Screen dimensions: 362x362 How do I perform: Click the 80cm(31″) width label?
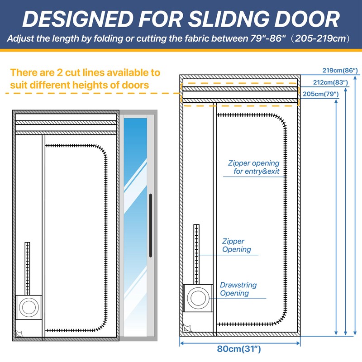click(239, 349)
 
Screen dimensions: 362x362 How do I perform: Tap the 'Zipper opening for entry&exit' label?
click(254, 167)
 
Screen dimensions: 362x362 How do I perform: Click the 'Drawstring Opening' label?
click(238, 289)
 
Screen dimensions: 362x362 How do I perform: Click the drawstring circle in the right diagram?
click(197, 298)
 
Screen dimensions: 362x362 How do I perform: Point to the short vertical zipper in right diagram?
click(196, 253)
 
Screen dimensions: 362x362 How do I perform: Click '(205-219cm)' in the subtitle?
click(322, 38)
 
